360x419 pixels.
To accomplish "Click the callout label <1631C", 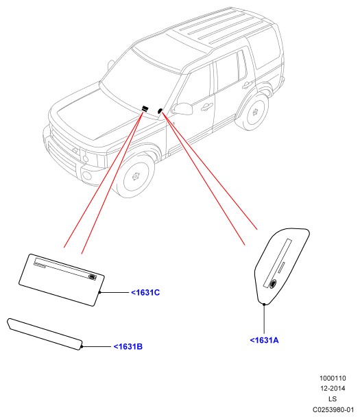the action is (x=145, y=293).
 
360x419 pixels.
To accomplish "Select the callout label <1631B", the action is (x=128, y=346).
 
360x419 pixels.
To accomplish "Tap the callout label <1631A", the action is (x=264, y=340).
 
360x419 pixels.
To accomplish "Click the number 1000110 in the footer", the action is (x=333, y=378).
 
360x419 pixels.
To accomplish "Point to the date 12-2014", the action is (x=333, y=388).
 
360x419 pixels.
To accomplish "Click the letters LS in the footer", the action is (x=333, y=399).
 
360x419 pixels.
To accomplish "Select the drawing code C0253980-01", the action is (x=333, y=409).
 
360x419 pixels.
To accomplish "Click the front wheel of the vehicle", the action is (x=136, y=176).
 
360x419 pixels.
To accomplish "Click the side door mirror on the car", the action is (x=183, y=108).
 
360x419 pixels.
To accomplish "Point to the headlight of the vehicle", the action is (x=91, y=157).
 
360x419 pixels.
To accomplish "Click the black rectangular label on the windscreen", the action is (x=145, y=108).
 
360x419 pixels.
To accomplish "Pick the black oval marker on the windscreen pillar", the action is (x=160, y=111).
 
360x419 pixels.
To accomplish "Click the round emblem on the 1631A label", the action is (x=273, y=284).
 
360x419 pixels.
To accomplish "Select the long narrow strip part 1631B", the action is (x=45, y=334).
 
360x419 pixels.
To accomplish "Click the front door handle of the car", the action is (x=206, y=107).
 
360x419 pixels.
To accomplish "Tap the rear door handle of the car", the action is (x=247, y=85).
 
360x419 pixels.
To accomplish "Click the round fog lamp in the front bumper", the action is (x=87, y=176).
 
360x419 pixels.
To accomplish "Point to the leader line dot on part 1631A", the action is (x=264, y=304).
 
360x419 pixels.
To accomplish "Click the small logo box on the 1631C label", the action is (x=92, y=277).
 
